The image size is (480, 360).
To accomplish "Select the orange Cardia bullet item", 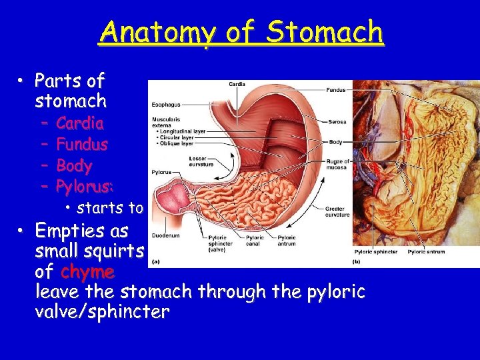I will click(80, 123).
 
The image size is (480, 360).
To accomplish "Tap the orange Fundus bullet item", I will click(82, 145).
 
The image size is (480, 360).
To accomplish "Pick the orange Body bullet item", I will click(74, 166).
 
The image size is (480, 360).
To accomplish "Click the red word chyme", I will click(87, 272).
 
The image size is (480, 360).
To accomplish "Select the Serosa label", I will click(337, 122).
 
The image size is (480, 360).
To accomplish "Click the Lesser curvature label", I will click(201, 161).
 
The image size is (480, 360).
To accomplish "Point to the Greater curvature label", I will click(336, 212).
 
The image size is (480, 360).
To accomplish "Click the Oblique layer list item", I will click(175, 143).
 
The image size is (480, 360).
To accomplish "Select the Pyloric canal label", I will click(255, 241).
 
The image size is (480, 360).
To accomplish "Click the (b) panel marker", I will click(356, 261).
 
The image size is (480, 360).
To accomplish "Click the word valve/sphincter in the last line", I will click(103, 312).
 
